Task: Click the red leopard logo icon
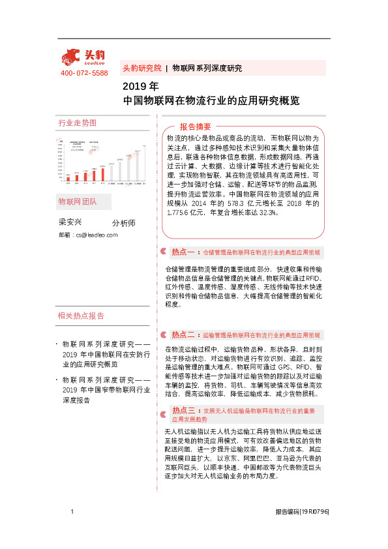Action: point(73,56)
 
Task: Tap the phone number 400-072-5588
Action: point(84,73)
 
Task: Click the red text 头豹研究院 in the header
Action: point(142,68)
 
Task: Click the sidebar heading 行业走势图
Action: point(77,123)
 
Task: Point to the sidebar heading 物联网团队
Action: point(77,201)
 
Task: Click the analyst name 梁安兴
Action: point(70,222)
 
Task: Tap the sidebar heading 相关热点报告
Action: point(81,316)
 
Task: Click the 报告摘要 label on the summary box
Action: point(195,126)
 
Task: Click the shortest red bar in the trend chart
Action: point(68,178)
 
